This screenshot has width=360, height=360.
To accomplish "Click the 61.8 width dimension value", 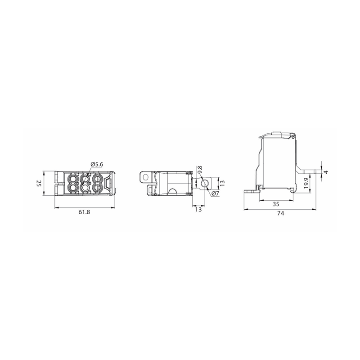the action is [x=84, y=212].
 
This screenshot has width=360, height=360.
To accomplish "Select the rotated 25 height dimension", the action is [x=39, y=184].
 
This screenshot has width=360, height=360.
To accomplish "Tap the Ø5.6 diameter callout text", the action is [x=97, y=164].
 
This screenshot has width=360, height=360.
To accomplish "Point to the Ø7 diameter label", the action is [x=216, y=193].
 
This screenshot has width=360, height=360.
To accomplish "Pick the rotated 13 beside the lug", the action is [x=222, y=183].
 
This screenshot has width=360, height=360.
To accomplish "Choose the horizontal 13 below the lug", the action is [x=198, y=209].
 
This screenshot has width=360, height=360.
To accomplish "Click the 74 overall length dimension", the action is [x=280, y=213].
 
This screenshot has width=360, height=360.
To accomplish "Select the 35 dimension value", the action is [x=276, y=204].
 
